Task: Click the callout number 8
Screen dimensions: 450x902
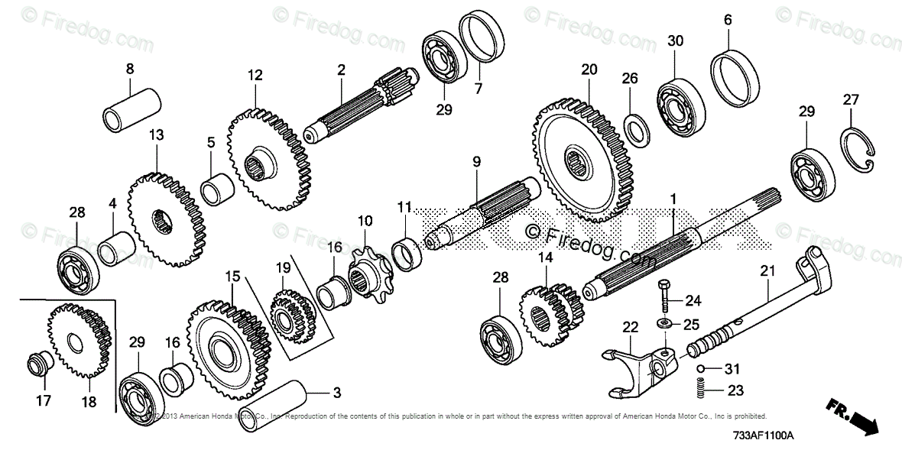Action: [130, 69]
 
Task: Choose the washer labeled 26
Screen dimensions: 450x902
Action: [634, 128]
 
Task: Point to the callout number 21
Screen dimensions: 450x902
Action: [767, 270]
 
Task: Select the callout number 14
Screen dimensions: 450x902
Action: [544, 258]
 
